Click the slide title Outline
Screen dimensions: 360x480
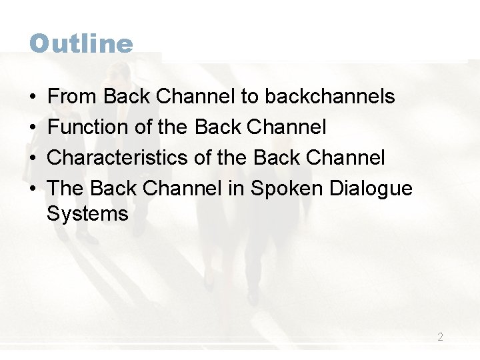tap(81, 44)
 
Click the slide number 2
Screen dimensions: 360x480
tap(440, 337)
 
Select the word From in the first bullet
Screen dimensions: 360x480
tap(73, 97)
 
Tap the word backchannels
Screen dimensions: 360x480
tap(330, 97)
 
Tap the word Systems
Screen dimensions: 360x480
tap(87, 214)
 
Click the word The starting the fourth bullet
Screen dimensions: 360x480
tap(65, 189)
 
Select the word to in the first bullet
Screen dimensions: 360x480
tap(249, 97)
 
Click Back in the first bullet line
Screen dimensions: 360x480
tap(127, 97)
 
